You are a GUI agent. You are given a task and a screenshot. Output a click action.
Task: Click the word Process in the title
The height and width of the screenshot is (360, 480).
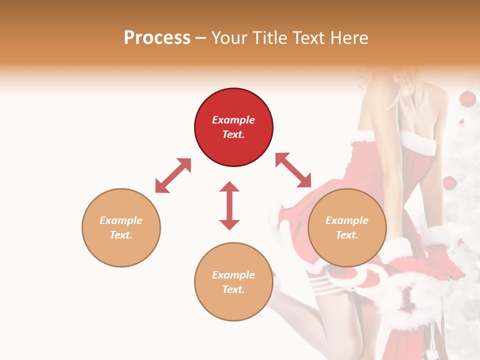pos(157,38)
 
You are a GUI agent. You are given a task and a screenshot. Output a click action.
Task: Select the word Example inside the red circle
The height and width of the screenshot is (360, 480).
pos(233,120)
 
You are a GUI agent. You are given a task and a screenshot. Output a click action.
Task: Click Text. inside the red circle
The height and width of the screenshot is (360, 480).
pos(233,134)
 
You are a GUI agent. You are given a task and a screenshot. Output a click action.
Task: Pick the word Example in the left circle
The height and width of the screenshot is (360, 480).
pos(121,220)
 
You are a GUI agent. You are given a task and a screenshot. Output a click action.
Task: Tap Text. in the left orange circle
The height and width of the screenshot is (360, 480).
pos(121,235)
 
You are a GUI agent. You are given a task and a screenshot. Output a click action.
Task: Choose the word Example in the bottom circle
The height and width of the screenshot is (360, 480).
pos(233,275)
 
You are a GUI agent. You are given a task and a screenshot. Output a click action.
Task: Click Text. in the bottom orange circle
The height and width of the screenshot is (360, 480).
pos(233,289)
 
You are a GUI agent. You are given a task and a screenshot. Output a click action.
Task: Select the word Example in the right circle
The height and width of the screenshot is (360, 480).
pos(347,220)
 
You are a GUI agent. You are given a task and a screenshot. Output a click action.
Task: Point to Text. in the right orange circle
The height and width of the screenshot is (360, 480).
pos(347,235)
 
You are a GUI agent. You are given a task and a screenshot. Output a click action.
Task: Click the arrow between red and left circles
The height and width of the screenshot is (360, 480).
pos(173,175)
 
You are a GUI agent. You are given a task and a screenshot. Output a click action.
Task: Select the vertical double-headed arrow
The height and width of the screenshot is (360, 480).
pos(229,205)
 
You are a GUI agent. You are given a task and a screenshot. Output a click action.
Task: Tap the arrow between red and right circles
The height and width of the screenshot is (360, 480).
pos(293,170)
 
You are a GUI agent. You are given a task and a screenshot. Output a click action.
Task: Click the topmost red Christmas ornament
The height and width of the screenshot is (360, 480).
pos(467,98)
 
